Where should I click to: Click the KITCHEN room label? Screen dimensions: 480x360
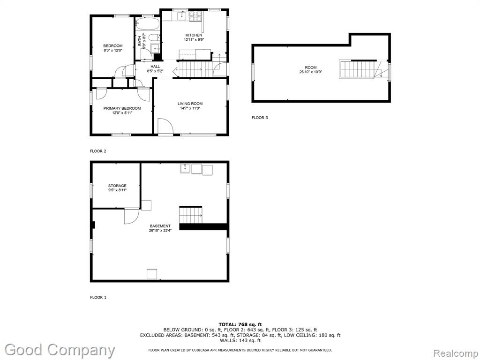pos(194,35)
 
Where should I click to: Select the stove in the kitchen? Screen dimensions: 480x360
pos(195,16)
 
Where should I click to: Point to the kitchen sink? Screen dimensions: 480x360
pos(182,15)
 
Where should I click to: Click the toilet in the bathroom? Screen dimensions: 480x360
pos(153,37)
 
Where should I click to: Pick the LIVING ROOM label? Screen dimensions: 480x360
pos(190,104)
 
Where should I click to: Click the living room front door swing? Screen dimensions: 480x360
pos(165,127)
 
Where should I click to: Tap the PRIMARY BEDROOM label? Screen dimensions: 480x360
pos(122,108)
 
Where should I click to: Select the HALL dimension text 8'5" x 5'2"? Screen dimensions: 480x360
pos(155,71)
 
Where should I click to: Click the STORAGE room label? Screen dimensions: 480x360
pos(117,186)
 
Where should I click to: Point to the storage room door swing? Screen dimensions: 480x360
pos(132,216)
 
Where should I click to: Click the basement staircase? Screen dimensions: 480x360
pos(191,215)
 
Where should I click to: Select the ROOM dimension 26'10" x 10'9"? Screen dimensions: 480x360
pos(311,72)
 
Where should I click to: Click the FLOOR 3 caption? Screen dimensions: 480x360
pos(260,118)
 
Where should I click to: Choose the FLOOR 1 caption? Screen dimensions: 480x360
pos(98,297)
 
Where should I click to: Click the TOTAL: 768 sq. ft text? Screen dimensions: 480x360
pos(240,324)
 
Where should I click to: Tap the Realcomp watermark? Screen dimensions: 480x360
pos(455,353)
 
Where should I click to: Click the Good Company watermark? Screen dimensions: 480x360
pos(60,350)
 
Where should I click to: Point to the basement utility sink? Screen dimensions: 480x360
pos(185,169)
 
